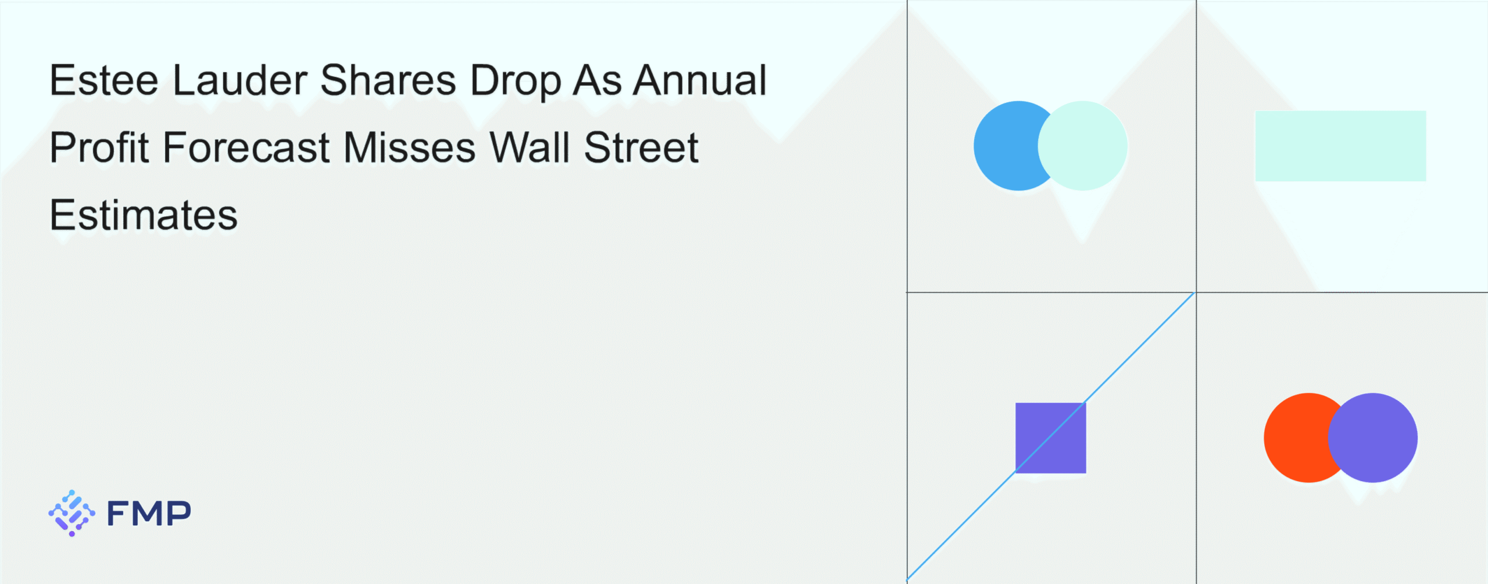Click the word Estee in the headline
point(104,80)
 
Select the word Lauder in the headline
point(240,80)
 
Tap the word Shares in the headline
point(388,80)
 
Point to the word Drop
point(516,81)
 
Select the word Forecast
point(246,148)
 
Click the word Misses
point(410,148)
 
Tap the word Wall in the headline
point(530,148)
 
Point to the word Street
point(641,148)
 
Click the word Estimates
point(144,215)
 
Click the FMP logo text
point(149,514)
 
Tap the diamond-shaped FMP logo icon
point(71,513)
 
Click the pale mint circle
point(1083,146)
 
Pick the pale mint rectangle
point(1340,146)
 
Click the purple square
point(1051,438)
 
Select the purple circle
point(1373,438)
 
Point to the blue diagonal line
point(1051,436)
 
